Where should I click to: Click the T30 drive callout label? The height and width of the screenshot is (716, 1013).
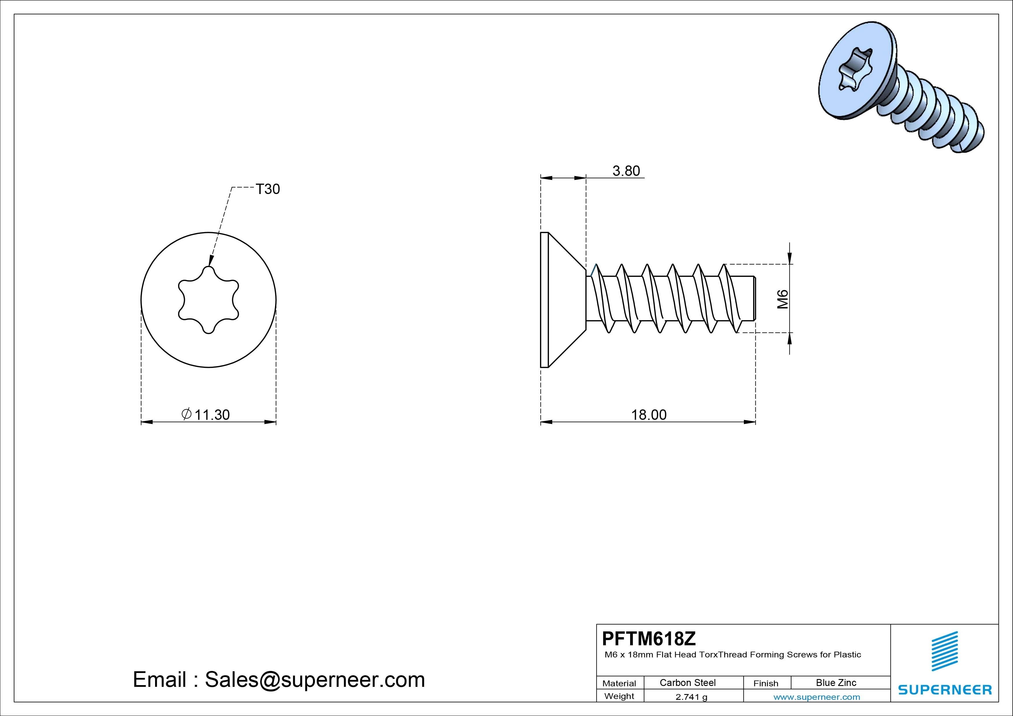tap(268, 189)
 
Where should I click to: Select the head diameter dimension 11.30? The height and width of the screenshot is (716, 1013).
tap(212, 415)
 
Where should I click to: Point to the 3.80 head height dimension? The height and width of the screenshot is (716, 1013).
tap(626, 171)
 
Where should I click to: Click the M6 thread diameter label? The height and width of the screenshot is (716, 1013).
tap(782, 299)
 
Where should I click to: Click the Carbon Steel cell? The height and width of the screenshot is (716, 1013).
tap(687, 683)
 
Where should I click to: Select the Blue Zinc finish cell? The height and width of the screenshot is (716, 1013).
tap(836, 683)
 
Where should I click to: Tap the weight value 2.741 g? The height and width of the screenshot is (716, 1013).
tap(691, 697)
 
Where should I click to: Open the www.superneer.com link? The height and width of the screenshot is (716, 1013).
tap(817, 697)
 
